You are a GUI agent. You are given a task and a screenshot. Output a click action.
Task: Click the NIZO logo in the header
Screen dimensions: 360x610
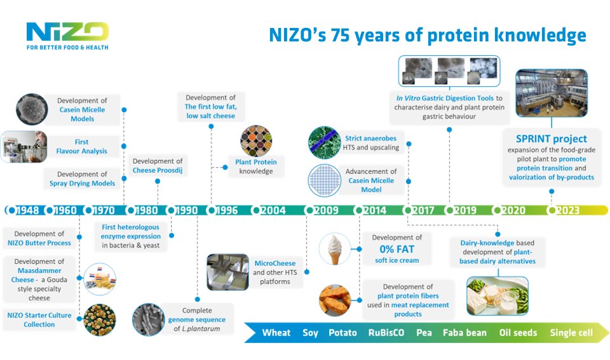pos(67,32)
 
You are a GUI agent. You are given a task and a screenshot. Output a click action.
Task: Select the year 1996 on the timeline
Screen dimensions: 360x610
pos(227,210)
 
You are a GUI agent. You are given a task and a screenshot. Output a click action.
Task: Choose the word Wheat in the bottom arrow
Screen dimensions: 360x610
pos(276,333)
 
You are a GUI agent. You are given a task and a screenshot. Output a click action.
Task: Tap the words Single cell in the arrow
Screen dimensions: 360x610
pos(571,333)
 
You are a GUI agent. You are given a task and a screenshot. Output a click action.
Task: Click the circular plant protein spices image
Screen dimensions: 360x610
pos(255,140)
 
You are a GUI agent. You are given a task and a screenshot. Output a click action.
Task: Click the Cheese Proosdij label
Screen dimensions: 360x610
pos(158,170)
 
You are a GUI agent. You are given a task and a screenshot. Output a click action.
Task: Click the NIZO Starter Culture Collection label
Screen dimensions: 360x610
pos(40,319)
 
